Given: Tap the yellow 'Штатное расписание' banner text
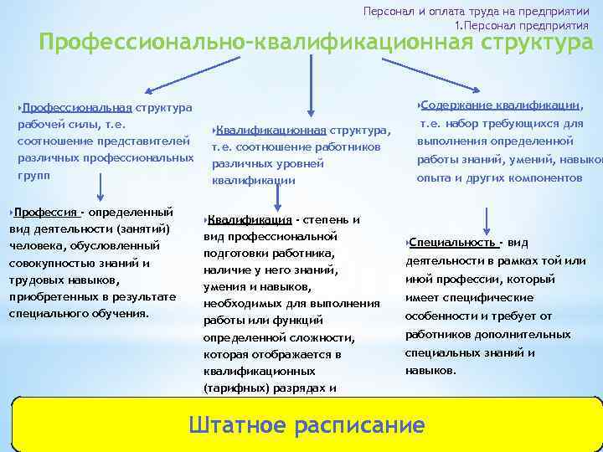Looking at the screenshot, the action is click(x=307, y=424).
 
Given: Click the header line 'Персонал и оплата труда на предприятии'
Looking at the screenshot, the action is click(x=475, y=12).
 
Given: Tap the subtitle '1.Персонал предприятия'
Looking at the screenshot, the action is click(x=521, y=26).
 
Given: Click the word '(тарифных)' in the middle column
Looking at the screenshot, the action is click(x=231, y=388).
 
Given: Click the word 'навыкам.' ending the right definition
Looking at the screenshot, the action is click(x=430, y=370).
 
